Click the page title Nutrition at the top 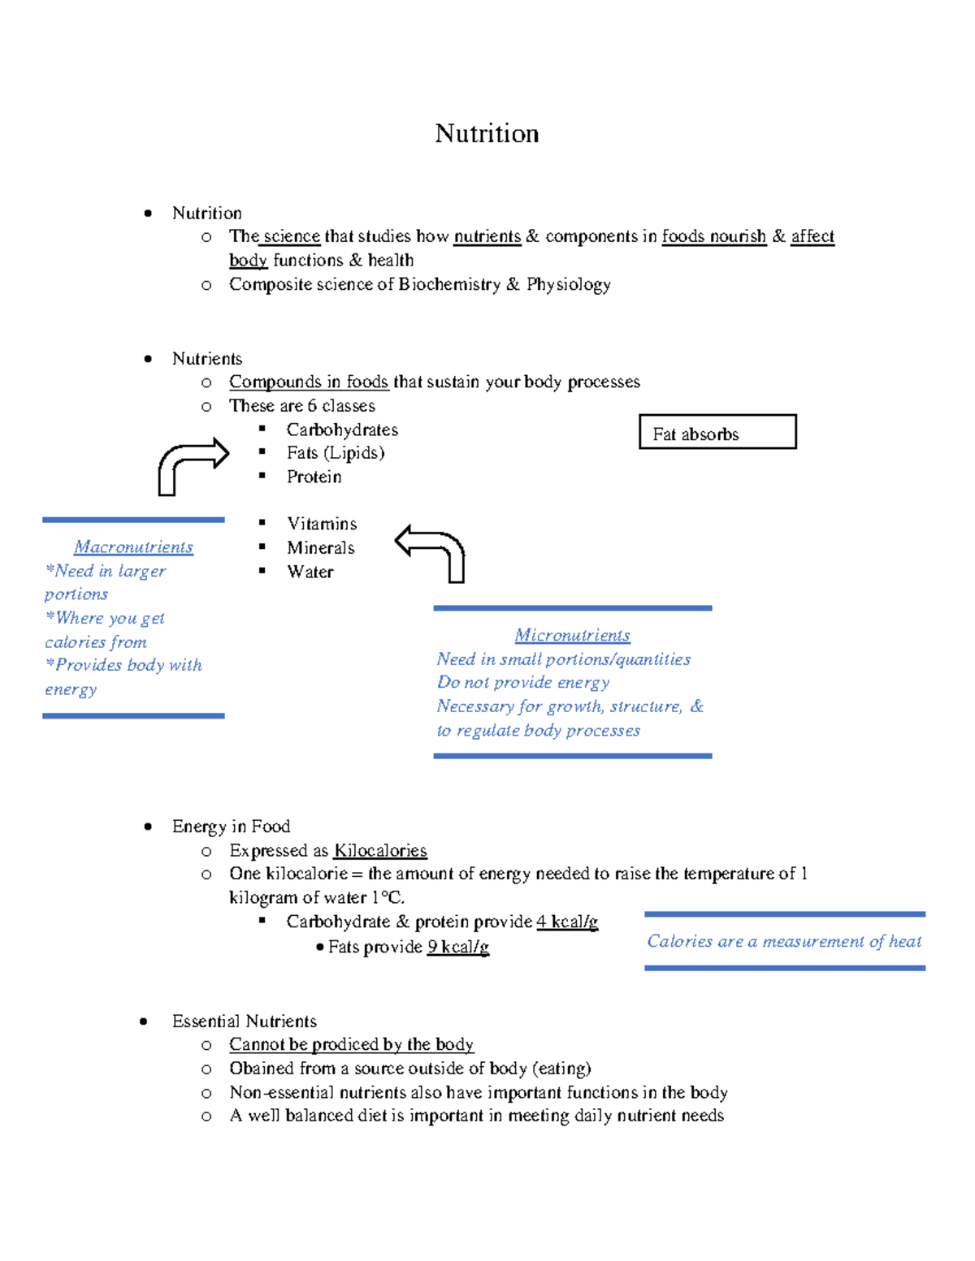[x=487, y=133]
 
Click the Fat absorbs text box [x=717, y=433]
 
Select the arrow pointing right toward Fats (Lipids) [x=192, y=464]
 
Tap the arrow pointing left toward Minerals [x=431, y=551]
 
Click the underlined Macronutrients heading [x=133, y=547]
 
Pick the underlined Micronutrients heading [x=572, y=635]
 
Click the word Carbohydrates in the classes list [x=342, y=430]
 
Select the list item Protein [x=314, y=477]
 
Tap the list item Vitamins [x=322, y=524]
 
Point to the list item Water [x=310, y=572]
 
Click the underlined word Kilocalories [x=380, y=850]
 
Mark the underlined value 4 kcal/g [x=567, y=922]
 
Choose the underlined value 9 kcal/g [x=458, y=947]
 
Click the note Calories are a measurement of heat [x=784, y=941]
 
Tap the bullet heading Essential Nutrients [x=244, y=1021]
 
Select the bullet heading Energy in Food [x=231, y=826]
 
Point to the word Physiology [x=569, y=284]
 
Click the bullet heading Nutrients [x=207, y=358]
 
